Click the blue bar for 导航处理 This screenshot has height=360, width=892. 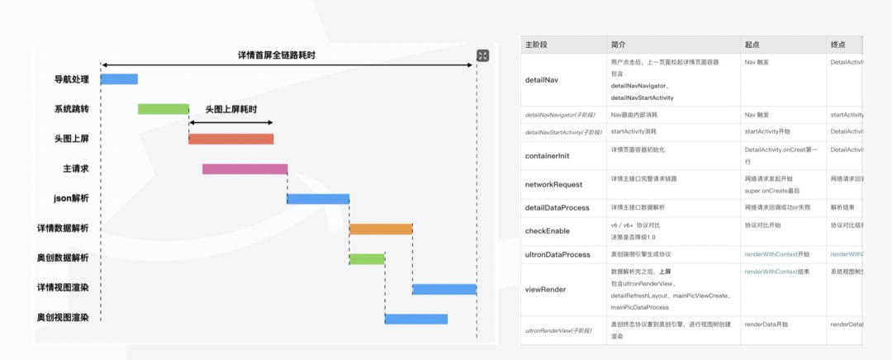coord(119,79)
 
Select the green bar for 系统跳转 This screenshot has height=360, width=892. coord(163,109)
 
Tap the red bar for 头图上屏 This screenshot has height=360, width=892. coord(230,139)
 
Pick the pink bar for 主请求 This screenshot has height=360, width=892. coord(244,168)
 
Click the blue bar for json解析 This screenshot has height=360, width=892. coord(318,198)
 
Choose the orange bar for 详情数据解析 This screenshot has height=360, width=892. coord(381,229)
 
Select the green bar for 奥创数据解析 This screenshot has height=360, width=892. coord(367,258)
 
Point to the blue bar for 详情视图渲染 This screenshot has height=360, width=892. coord(444,288)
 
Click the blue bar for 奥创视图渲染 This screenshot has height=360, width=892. coord(416,319)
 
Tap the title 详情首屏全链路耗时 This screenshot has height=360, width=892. coord(277,55)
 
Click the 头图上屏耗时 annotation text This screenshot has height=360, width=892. coord(230,109)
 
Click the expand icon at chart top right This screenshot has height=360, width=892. coord(483,55)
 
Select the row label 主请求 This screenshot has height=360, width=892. coord(76,168)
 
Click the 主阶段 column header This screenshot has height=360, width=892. coord(538,44)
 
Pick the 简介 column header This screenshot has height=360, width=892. coord(619,44)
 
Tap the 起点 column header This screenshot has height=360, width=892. coord(752,44)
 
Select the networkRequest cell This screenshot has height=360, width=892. coord(553,184)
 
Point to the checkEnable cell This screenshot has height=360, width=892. coord(548,230)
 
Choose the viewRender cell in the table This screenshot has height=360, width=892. coord(546,290)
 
